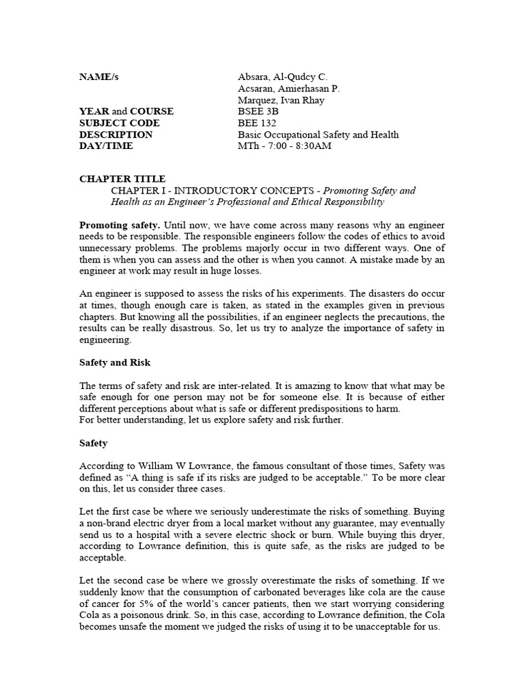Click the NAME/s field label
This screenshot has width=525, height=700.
tap(98, 77)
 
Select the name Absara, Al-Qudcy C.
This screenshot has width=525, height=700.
tap(282, 77)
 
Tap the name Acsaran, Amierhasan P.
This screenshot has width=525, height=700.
tap(288, 88)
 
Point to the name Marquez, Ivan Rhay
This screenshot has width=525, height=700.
tap(281, 100)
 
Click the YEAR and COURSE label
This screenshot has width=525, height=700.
tap(126, 111)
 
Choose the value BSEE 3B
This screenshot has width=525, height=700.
tap(258, 111)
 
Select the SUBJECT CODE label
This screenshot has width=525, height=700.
tap(119, 123)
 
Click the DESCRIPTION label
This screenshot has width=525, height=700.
tap(116, 135)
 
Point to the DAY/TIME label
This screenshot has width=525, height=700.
tap(106, 146)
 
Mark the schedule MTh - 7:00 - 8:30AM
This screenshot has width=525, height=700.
tap(284, 146)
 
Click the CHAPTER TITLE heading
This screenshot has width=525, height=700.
tap(122, 179)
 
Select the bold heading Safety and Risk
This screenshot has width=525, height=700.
tap(115, 362)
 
